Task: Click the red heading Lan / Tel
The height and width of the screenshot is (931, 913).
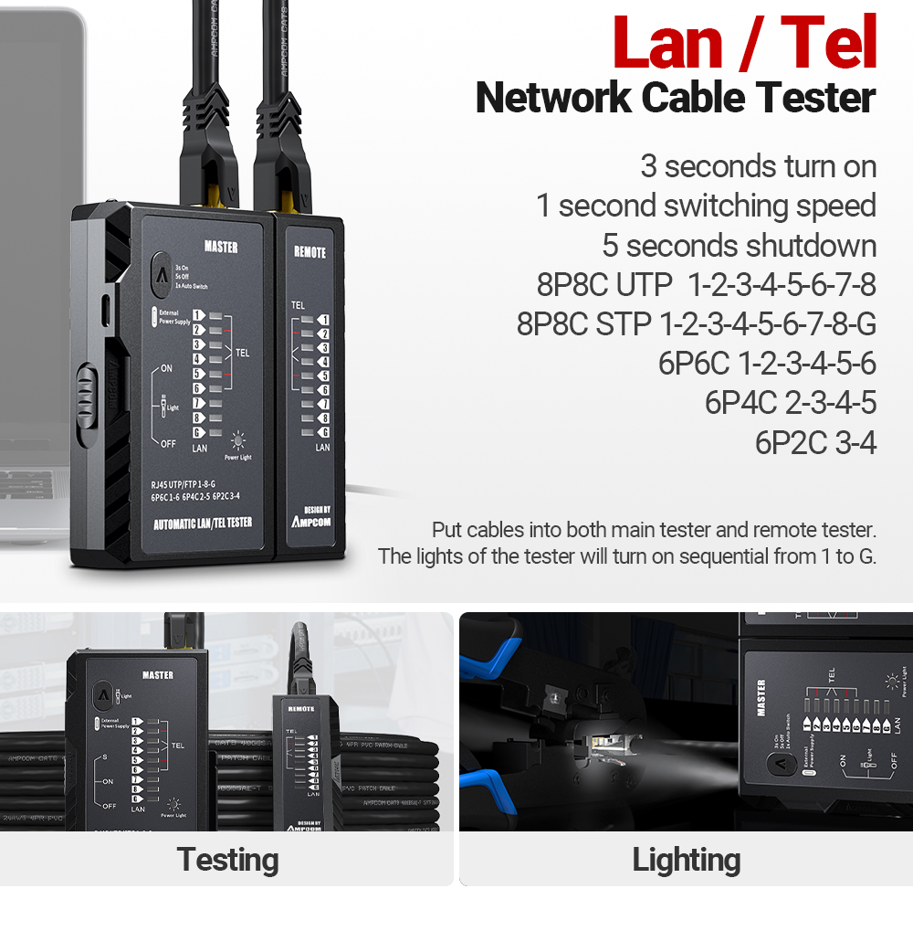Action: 744,43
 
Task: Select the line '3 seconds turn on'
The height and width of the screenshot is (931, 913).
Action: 758,166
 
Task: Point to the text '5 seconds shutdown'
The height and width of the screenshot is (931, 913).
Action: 739,246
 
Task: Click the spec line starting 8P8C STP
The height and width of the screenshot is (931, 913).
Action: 696,323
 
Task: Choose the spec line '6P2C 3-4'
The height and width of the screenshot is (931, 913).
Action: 814,442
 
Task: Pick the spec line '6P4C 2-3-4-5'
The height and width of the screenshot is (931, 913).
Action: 790,403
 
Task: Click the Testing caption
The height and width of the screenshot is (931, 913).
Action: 227,860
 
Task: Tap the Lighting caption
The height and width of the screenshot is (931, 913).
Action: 686,860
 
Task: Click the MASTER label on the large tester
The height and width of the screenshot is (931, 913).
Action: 221,248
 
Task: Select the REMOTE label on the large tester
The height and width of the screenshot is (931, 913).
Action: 310,253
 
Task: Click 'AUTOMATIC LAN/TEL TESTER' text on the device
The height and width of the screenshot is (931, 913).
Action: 202,523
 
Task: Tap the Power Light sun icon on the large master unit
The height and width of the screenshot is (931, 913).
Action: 238,439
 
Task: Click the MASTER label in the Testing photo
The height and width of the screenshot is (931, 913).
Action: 157,675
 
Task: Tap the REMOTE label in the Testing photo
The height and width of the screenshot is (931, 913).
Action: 301,709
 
